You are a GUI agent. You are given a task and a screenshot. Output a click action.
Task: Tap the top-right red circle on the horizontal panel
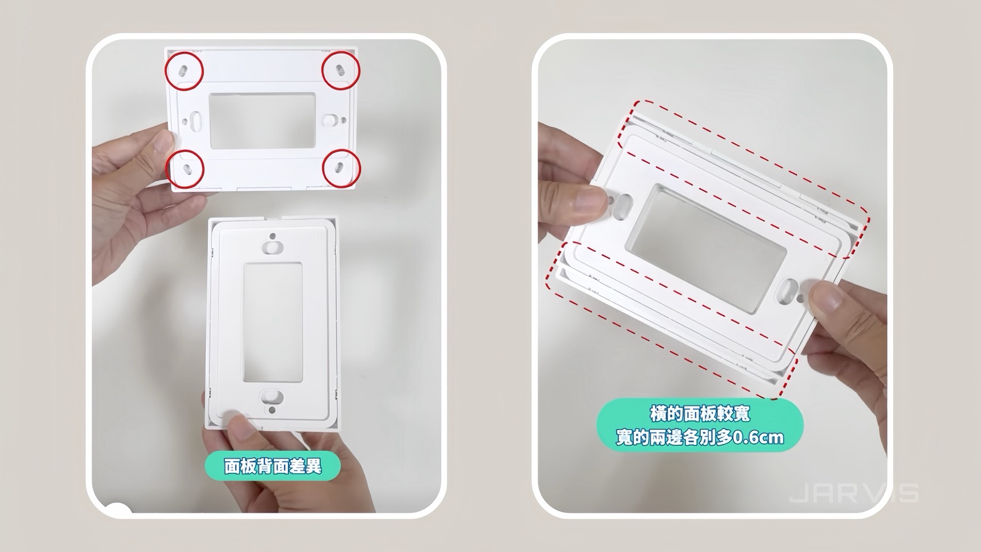pos(340,70)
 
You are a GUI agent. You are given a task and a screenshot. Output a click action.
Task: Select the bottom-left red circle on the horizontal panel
pos(185,168)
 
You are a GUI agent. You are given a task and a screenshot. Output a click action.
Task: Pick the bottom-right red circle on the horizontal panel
pos(341,168)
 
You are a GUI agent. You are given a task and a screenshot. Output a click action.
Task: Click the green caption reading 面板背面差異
pos(273,466)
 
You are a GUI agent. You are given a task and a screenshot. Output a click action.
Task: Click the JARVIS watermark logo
pos(853,494)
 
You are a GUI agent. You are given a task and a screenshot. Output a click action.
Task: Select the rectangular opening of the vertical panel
pos(273,322)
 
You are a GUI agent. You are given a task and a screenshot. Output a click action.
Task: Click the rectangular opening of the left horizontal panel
pos(263,121)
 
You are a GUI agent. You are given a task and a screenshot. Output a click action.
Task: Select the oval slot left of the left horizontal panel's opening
pos(197,121)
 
